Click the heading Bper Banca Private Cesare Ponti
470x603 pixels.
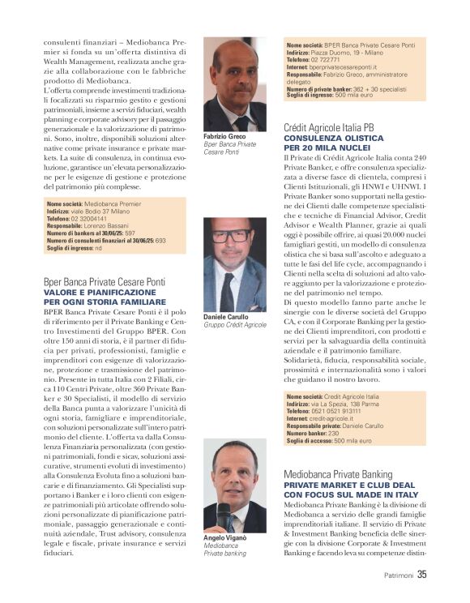[x=105, y=281]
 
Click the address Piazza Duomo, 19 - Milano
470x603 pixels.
[x=350, y=51]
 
